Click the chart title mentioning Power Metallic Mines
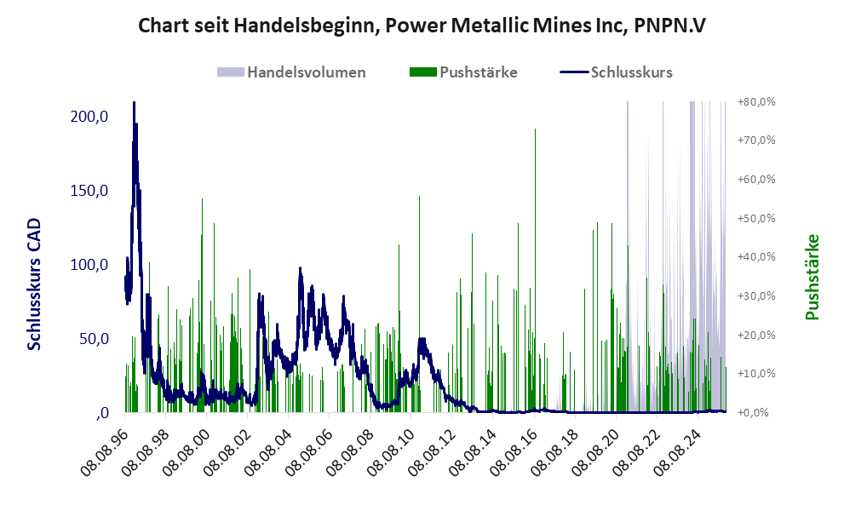click(x=422, y=26)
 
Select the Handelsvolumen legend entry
click(x=292, y=72)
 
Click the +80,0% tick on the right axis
click(x=757, y=102)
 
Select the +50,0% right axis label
click(x=757, y=219)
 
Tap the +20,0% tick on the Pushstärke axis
click(x=757, y=336)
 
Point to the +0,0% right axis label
click(x=757, y=413)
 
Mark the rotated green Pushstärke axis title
click(x=811, y=277)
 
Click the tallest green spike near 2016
click(x=535, y=132)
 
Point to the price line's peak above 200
click(x=134, y=105)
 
